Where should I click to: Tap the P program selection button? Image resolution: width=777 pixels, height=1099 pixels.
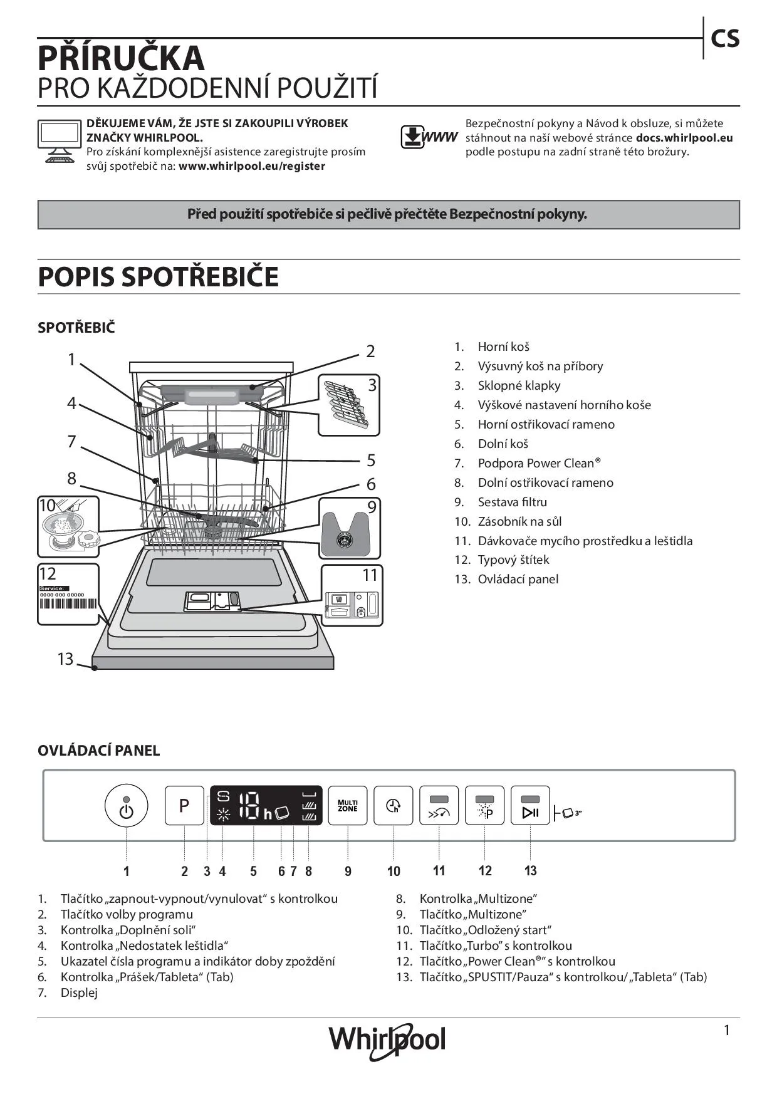pyautogui.click(x=184, y=805)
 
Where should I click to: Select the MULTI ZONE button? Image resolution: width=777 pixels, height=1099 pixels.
pyautogui.click(x=348, y=805)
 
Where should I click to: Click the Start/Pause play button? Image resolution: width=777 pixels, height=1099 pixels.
pyautogui.click(x=530, y=806)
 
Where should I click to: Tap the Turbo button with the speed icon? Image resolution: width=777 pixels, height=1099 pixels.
pyautogui.click(x=439, y=806)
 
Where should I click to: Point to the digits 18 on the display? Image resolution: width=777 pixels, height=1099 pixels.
pyautogui.click(x=249, y=806)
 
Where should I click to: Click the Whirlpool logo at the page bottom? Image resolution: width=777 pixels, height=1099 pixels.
pyautogui.click(x=387, y=1041)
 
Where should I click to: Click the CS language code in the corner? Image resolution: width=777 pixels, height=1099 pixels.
pyautogui.click(x=725, y=39)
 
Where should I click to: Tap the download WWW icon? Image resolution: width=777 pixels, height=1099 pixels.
pyautogui.click(x=429, y=137)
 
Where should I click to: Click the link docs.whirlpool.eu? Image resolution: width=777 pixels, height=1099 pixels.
pyautogui.click(x=684, y=138)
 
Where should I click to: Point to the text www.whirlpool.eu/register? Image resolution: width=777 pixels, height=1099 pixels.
pyautogui.click(x=252, y=166)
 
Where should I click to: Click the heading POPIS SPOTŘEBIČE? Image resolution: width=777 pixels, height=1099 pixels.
pyautogui.click(x=158, y=277)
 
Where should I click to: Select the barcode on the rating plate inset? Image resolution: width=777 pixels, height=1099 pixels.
pyautogui.click(x=68, y=605)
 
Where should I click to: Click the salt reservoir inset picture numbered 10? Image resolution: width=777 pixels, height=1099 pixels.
pyautogui.click(x=68, y=527)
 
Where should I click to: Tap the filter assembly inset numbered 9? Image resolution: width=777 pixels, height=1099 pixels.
pyautogui.click(x=350, y=528)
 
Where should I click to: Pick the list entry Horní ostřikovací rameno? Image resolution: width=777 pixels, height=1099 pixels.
pyautogui.click(x=546, y=424)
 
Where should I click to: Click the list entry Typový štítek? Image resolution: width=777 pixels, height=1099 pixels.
pyautogui.click(x=513, y=560)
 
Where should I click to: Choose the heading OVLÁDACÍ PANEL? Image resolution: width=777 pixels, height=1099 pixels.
pyautogui.click(x=99, y=750)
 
